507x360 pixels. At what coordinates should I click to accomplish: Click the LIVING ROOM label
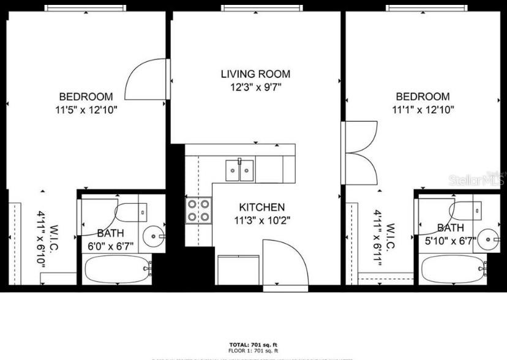point(255,74)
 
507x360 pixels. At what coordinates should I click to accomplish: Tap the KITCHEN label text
point(261,208)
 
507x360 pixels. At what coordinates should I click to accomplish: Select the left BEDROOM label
point(86,97)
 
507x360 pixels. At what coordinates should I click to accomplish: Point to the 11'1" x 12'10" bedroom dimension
point(423,110)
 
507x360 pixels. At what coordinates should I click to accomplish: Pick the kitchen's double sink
point(240,170)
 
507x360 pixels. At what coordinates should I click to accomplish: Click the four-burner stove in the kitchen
point(199,211)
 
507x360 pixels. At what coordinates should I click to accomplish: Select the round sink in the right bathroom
point(488,236)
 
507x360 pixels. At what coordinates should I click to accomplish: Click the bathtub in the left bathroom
point(116,269)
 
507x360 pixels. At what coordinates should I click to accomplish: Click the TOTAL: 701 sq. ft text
point(254,345)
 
